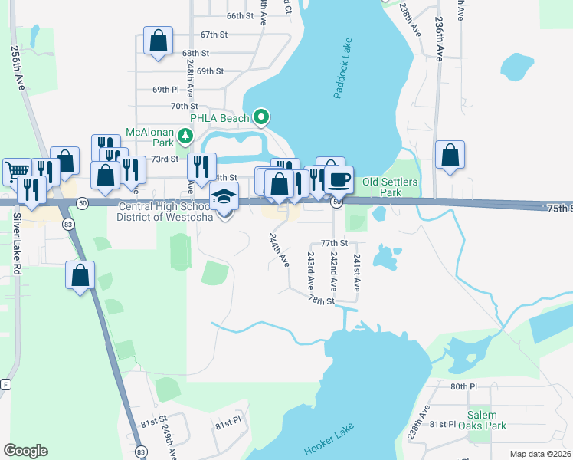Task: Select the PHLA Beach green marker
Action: click(262, 117)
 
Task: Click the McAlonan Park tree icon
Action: click(184, 136)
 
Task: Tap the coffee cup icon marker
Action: click(339, 179)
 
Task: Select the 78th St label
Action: click(323, 301)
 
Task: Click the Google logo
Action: click(25, 451)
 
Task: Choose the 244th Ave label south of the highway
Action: click(279, 249)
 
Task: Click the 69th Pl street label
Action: click(165, 90)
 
